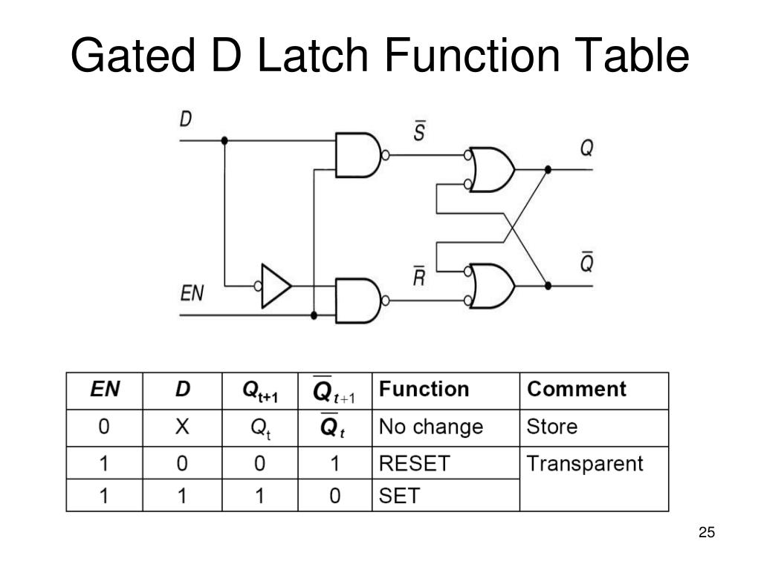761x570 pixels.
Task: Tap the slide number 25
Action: (x=706, y=533)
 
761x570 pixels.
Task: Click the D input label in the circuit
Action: (x=186, y=118)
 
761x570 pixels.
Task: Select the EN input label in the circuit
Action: (x=192, y=293)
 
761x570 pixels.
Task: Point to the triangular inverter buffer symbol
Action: (x=276, y=286)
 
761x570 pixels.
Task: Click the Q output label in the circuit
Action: (x=586, y=148)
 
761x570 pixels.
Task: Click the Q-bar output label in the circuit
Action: (x=586, y=262)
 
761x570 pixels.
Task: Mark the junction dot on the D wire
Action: (x=224, y=140)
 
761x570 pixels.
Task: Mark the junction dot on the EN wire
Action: (x=314, y=315)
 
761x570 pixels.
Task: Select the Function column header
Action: (x=424, y=390)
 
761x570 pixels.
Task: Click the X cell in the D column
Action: (x=182, y=427)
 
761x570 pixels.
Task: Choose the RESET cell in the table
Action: (x=414, y=464)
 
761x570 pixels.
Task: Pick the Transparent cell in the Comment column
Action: (x=584, y=464)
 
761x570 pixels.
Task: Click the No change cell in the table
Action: (x=430, y=427)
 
